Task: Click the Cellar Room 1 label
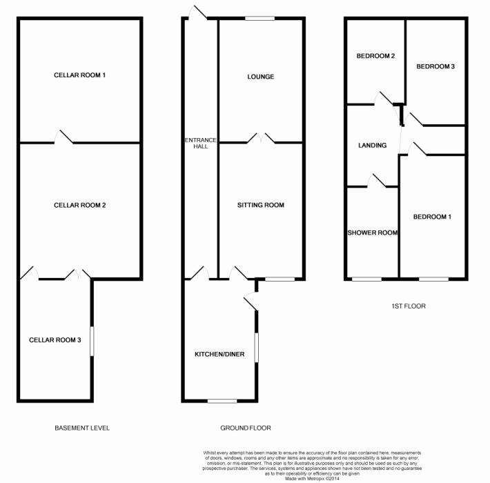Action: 80,75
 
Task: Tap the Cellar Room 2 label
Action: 80,206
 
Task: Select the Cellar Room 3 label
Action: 55,339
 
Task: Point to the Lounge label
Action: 261,77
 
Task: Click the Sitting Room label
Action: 261,205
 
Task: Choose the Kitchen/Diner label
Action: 219,355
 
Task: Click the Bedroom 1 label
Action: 432,217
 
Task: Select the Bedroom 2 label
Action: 375,56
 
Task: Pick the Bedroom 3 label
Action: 435,66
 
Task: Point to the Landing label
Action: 372,146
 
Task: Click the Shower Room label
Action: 373,233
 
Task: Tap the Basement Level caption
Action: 82,428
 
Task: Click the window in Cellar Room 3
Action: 92,342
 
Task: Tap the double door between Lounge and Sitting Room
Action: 261,139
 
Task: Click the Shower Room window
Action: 366,279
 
